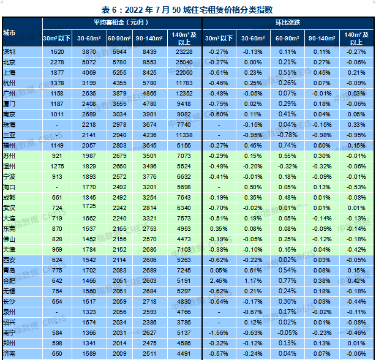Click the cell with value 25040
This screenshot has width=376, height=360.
tap(183, 62)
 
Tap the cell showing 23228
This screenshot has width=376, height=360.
tap(183, 53)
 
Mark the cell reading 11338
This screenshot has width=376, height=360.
tap(183, 135)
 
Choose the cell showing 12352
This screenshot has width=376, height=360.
tap(183, 93)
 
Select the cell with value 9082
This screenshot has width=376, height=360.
tap(183, 114)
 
